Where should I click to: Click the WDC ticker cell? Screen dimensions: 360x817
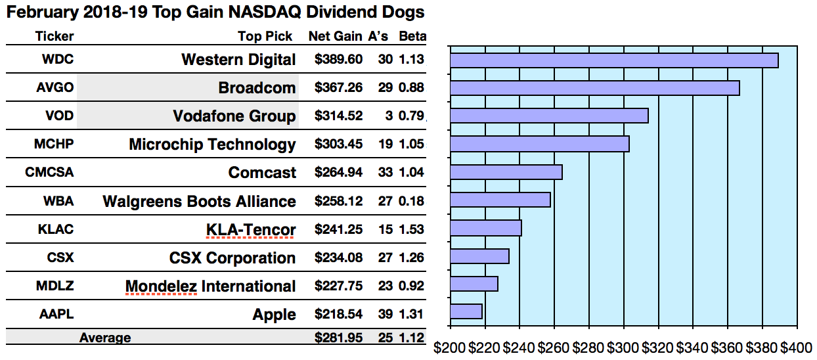click(x=58, y=59)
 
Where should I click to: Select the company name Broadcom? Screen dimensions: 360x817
click(x=257, y=88)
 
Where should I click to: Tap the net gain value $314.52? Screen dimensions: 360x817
click(x=338, y=116)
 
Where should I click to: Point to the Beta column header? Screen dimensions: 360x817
click(x=412, y=36)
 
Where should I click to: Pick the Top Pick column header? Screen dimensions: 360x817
click(x=265, y=36)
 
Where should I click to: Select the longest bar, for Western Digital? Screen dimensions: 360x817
click(x=613, y=60)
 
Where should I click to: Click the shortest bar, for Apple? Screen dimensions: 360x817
click(x=466, y=311)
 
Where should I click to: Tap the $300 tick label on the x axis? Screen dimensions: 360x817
click(x=623, y=346)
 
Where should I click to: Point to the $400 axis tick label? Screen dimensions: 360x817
click(x=796, y=346)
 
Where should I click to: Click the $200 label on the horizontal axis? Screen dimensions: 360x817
click(x=450, y=346)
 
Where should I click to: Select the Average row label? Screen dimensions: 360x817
click(x=105, y=338)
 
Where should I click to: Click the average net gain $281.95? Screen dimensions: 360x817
click(x=338, y=338)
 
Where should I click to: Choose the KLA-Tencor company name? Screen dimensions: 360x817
click(x=250, y=230)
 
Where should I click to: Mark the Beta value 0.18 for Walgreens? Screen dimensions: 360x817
click(x=412, y=201)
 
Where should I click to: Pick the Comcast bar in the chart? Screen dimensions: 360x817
click(x=506, y=172)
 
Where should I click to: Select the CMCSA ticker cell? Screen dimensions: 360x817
click(x=49, y=173)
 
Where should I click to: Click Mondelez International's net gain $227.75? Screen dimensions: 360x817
click(x=338, y=286)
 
